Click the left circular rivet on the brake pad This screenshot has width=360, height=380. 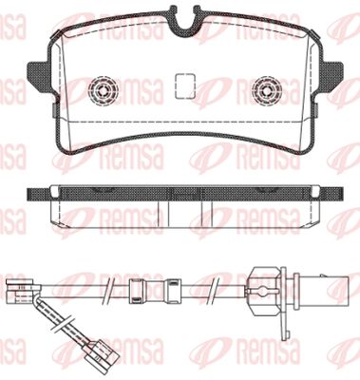pos(104,91)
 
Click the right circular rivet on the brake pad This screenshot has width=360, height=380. pos(267,91)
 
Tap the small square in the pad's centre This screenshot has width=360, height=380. pos(184,85)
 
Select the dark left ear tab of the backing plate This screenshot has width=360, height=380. pos(40,76)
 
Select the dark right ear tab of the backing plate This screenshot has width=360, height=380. pos(331,76)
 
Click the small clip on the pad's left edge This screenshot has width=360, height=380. pos(54,109)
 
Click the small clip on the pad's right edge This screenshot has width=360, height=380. pos(316,109)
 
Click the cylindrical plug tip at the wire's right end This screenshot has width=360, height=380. pos(320,290)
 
